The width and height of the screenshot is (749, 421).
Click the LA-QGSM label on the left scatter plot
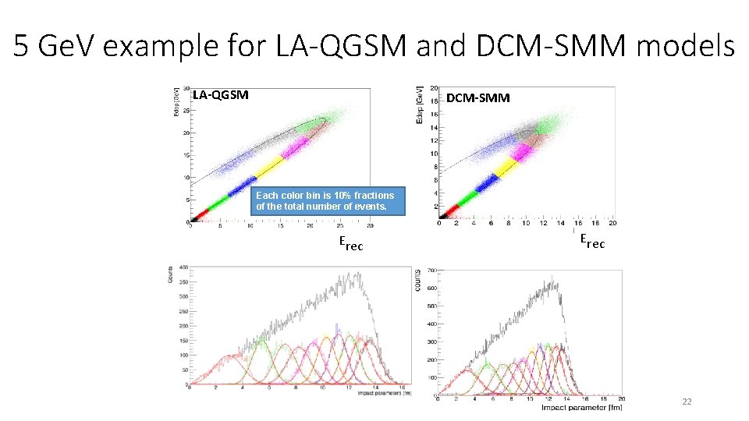coord(221,95)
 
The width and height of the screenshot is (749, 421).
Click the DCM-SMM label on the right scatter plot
coord(478,97)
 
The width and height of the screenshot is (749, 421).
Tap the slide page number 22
coord(687,402)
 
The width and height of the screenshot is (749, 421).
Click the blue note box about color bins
coord(328,200)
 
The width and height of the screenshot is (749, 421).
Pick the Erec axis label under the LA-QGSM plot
coord(350,243)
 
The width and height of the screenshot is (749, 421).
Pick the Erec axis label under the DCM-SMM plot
coord(591,242)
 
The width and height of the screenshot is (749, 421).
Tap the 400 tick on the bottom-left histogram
coord(183,267)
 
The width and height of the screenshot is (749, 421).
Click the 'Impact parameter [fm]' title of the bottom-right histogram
coord(577,407)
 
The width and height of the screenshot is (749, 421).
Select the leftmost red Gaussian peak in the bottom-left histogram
coord(229,356)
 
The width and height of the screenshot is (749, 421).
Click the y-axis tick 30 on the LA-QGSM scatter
coord(186,88)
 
